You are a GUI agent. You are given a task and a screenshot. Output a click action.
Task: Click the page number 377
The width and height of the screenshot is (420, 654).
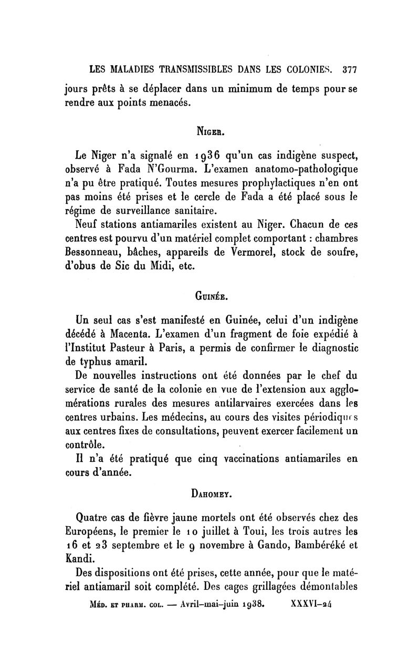point(349,69)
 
